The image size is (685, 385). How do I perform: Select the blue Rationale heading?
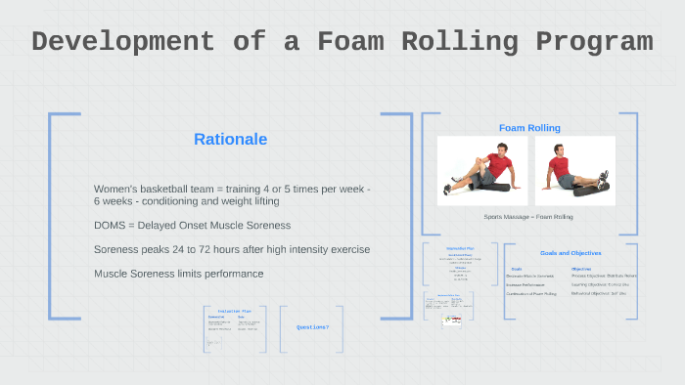tap(230, 140)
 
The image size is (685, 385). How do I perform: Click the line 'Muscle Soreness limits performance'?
tap(178, 273)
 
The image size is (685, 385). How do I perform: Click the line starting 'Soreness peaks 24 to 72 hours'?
tap(231, 249)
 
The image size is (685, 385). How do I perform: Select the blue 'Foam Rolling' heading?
tap(529, 128)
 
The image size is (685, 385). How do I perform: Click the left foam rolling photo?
tap(481, 170)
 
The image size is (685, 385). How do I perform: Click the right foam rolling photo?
tap(575, 170)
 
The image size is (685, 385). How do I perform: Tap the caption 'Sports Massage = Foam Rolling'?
tap(527, 216)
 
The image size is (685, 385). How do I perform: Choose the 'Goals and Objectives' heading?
tap(571, 253)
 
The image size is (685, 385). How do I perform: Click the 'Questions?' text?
tap(312, 326)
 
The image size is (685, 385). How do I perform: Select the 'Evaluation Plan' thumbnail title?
tap(229, 310)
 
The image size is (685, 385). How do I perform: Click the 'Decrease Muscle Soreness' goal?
tap(529, 276)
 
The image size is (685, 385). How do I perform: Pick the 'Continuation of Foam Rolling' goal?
tap(531, 293)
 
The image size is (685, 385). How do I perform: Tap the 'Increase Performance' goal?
tap(525, 284)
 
